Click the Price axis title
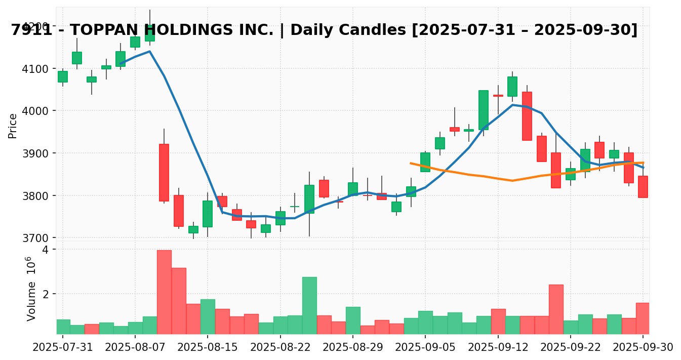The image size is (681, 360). [13, 126]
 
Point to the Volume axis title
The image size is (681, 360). [31, 289]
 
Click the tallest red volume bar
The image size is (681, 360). [164, 292]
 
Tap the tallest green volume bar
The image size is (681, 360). [309, 305]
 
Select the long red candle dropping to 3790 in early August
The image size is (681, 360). [164, 172]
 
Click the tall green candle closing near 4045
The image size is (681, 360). [484, 110]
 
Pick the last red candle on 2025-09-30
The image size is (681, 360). [643, 186]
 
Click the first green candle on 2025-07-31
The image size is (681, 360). [63, 76]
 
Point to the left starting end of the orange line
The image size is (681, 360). [411, 163]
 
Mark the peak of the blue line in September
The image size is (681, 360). [512, 105]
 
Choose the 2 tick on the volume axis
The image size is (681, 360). [45, 294]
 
